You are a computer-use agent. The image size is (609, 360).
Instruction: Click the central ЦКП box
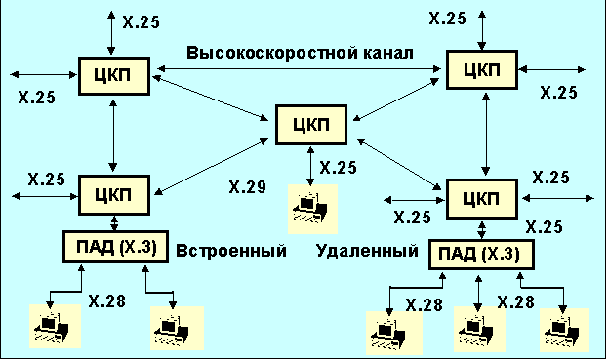click(311, 125)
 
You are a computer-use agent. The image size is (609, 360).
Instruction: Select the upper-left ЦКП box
click(114, 76)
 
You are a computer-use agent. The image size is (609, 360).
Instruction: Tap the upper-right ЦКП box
click(481, 70)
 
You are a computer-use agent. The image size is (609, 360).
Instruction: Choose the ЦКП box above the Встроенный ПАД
click(114, 195)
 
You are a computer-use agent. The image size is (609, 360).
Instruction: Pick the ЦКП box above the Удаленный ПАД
click(481, 199)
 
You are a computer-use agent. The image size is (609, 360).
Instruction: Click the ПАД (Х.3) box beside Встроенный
click(116, 247)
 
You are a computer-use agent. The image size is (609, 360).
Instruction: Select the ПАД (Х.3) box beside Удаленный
click(481, 255)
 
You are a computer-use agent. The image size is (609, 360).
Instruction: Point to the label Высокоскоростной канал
click(300, 53)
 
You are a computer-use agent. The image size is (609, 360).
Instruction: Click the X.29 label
click(248, 187)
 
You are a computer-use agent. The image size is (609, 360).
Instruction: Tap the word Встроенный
click(231, 251)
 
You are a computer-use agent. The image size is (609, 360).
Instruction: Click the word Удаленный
click(367, 251)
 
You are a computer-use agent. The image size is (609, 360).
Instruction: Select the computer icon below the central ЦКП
click(312, 209)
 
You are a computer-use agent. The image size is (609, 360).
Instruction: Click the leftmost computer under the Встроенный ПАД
click(55, 326)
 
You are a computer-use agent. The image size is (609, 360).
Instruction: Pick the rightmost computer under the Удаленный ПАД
click(565, 331)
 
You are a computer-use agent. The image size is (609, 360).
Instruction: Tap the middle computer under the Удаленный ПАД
click(479, 330)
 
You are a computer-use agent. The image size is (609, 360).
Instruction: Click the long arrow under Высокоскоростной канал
click(299, 69)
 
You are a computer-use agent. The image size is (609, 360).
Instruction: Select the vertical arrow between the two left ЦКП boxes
click(113, 136)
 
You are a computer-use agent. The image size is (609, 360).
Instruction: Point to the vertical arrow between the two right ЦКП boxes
click(485, 134)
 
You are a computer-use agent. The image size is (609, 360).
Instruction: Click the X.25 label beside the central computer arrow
click(338, 168)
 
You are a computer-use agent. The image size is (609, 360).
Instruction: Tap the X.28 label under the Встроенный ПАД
click(106, 300)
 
